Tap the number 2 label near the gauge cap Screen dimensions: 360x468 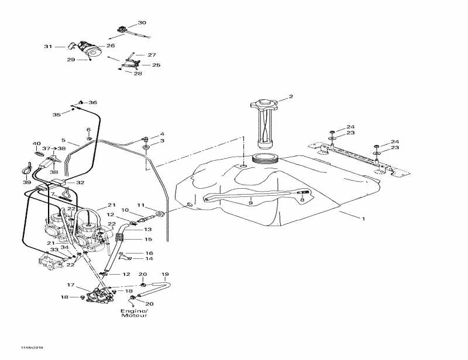[x=291, y=97]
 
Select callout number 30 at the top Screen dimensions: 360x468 [x=142, y=23]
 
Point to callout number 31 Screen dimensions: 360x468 [x=48, y=46]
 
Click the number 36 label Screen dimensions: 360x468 [x=92, y=102]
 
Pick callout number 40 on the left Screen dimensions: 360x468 [x=36, y=144]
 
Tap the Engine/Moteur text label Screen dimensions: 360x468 [x=134, y=313]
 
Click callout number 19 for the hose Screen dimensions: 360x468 [x=165, y=274]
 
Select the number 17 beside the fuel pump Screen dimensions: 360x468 [x=70, y=286]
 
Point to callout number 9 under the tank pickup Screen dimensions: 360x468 [x=250, y=203]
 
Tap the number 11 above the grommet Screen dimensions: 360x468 [x=141, y=205]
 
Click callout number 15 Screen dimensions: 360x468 [x=149, y=240]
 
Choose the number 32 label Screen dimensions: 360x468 [x=80, y=183]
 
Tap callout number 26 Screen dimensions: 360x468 [x=111, y=46]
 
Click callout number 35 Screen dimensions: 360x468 [x=57, y=115]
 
